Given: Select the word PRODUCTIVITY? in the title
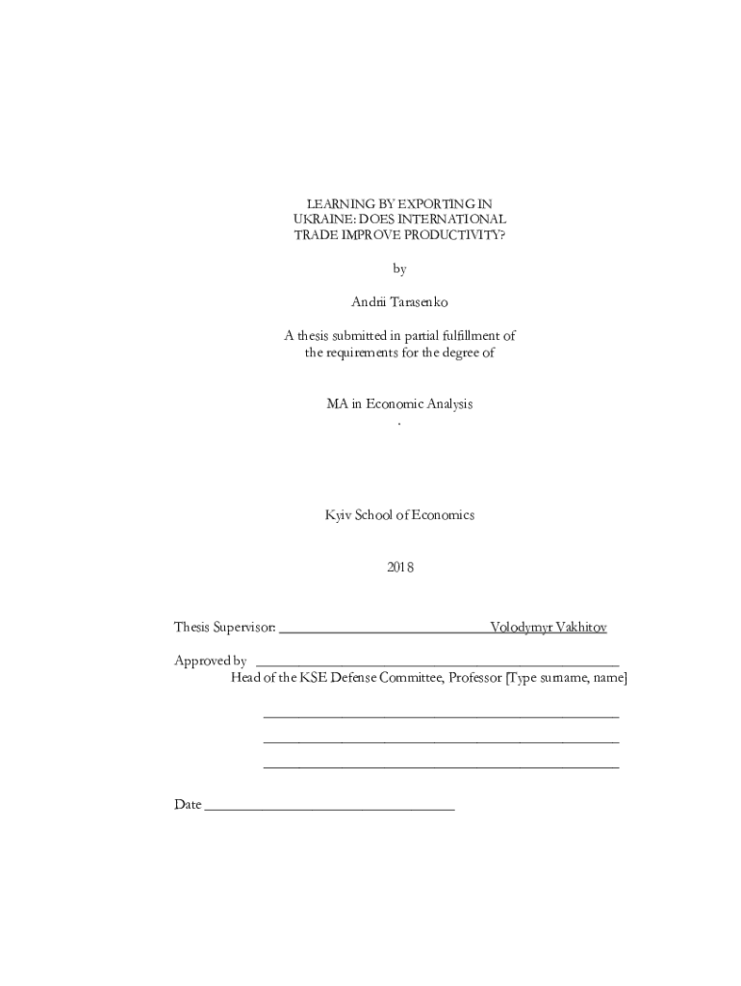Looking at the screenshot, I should click(455, 235).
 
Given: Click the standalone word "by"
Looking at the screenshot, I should click(399, 270).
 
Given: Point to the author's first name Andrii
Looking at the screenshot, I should click(370, 302).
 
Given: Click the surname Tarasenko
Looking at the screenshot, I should click(420, 302).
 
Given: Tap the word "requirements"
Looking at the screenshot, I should click(369, 352).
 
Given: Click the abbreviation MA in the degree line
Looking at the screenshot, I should click(336, 404).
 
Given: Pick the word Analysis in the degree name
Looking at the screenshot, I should click(447, 404).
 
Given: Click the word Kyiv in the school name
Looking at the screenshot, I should click(338, 515).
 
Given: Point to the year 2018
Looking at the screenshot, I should click(399, 567).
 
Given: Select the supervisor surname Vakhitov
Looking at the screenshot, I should click(576, 628).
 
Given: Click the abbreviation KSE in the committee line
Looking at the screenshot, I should click(313, 678).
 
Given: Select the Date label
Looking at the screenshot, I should click(188, 805).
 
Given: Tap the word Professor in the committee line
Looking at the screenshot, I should click(474, 678).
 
